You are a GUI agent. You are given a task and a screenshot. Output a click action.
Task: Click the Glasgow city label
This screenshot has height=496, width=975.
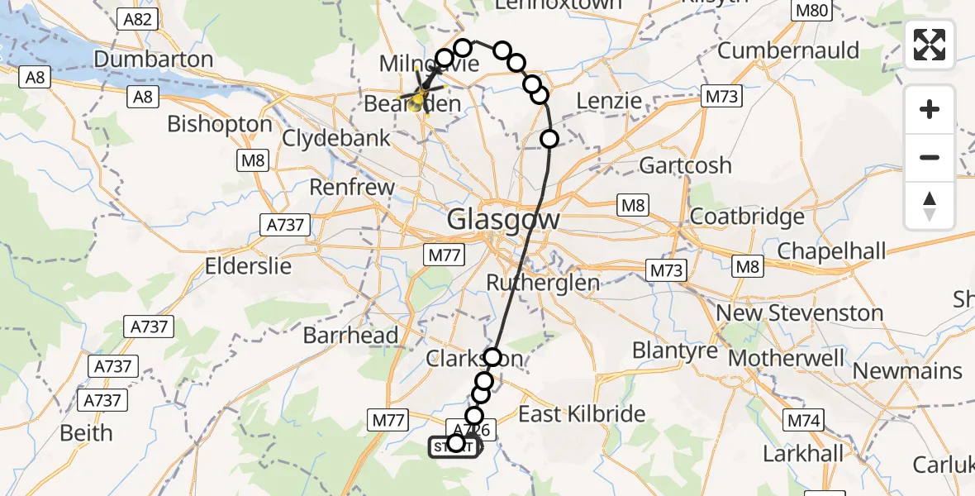click(503, 220)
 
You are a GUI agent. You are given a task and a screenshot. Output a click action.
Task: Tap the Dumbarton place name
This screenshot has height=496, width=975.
click(154, 60)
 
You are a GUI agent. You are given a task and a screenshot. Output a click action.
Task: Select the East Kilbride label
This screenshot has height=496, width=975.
click(582, 413)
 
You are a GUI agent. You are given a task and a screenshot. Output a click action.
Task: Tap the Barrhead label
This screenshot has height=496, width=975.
click(350, 336)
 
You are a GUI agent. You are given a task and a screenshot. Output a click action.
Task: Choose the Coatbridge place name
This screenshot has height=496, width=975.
click(746, 217)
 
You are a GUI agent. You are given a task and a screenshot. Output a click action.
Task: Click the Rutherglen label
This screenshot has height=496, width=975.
click(543, 283)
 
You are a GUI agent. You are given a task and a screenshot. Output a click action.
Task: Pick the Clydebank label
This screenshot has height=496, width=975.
click(336, 138)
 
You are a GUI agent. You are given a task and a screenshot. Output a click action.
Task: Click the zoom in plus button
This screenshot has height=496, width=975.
click(930, 109)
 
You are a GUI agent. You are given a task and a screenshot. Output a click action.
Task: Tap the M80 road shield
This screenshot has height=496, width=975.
click(809, 11)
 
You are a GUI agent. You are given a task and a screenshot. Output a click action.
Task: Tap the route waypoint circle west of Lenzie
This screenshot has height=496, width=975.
click(540, 94)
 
